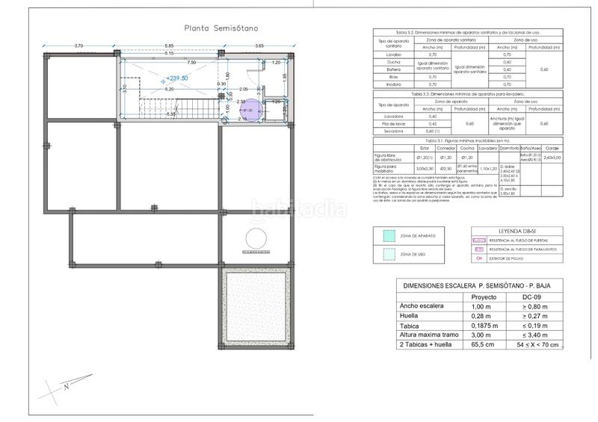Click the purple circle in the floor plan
(x=250, y=110)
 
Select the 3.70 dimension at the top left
(x=78, y=47)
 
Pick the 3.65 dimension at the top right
(x=259, y=47)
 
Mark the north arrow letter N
(x=67, y=387)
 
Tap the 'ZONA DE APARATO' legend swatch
(x=387, y=236)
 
